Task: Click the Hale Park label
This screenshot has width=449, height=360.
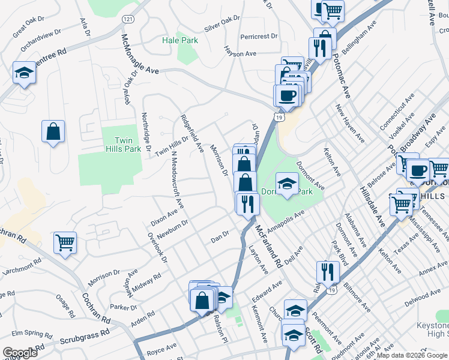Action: coord(180,40)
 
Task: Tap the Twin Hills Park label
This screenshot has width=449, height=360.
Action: coord(118,145)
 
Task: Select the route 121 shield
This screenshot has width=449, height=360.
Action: coord(127,19)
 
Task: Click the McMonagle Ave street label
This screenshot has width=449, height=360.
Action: coord(140,54)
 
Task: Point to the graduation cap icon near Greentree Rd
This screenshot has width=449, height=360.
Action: coord(24,73)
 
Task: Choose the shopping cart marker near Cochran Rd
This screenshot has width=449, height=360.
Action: coord(65,243)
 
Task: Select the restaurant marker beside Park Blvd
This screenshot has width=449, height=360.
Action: coord(328,272)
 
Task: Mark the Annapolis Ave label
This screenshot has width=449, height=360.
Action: coord(286,221)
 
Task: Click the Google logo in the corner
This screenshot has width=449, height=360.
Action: coord(19,352)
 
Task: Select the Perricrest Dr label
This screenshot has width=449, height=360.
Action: coord(259,37)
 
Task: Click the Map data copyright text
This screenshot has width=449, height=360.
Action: coord(411,355)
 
